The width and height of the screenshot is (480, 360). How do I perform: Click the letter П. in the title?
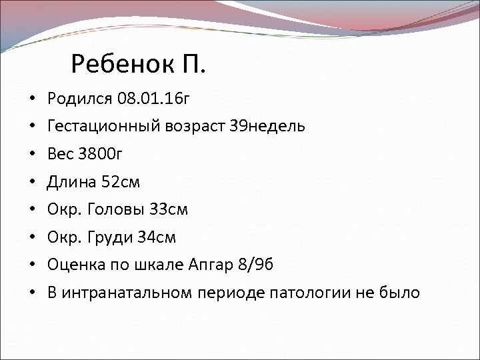point(193,65)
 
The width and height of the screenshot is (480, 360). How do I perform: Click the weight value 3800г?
point(101,155)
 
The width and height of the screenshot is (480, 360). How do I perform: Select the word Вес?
point(60,155)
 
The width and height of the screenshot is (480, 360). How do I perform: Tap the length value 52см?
point(121,182)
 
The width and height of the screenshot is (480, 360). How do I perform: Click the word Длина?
point(71,182)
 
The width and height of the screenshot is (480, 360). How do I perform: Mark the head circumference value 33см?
point(168,209)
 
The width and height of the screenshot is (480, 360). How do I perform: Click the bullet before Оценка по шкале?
point(32,265)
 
